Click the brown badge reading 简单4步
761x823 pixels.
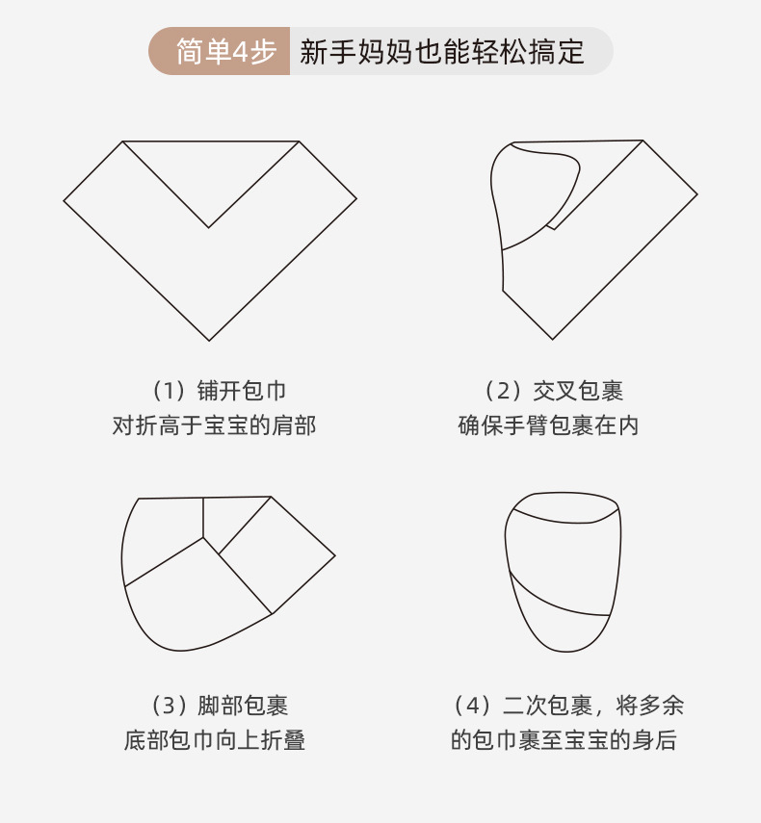(x=220, y=52)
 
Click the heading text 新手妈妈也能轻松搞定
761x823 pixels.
(x=442, y=52)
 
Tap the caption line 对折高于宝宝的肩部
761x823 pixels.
(x=214, y=424)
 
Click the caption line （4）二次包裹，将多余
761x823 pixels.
(x=567, y=706)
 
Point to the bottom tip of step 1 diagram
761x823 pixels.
(x=209, y=339)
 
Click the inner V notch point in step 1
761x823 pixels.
(x=209, y=228)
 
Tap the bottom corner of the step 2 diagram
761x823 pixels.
(x=552, y=338)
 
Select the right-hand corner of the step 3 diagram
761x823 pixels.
(x=334, y=555)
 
